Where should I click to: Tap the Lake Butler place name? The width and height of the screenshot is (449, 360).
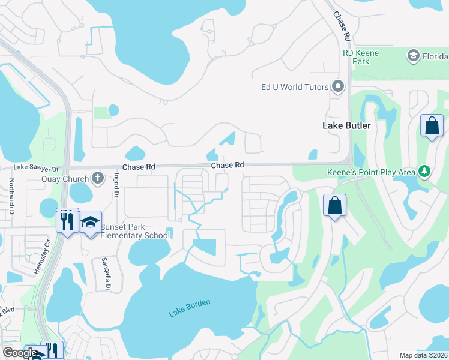346,125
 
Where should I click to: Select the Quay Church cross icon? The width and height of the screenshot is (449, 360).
97,178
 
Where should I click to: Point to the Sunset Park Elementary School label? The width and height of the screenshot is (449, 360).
135,231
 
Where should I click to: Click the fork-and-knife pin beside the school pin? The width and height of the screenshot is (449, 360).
67,221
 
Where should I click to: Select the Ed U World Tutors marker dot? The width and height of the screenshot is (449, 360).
337,87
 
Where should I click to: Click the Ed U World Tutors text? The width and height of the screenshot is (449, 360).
295,87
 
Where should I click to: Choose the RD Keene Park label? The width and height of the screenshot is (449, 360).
361,57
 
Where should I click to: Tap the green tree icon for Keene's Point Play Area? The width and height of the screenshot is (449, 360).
424,172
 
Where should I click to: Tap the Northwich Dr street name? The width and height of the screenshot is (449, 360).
10,196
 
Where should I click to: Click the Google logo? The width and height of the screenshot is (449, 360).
19,353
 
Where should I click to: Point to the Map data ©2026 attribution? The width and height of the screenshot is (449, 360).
423,355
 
